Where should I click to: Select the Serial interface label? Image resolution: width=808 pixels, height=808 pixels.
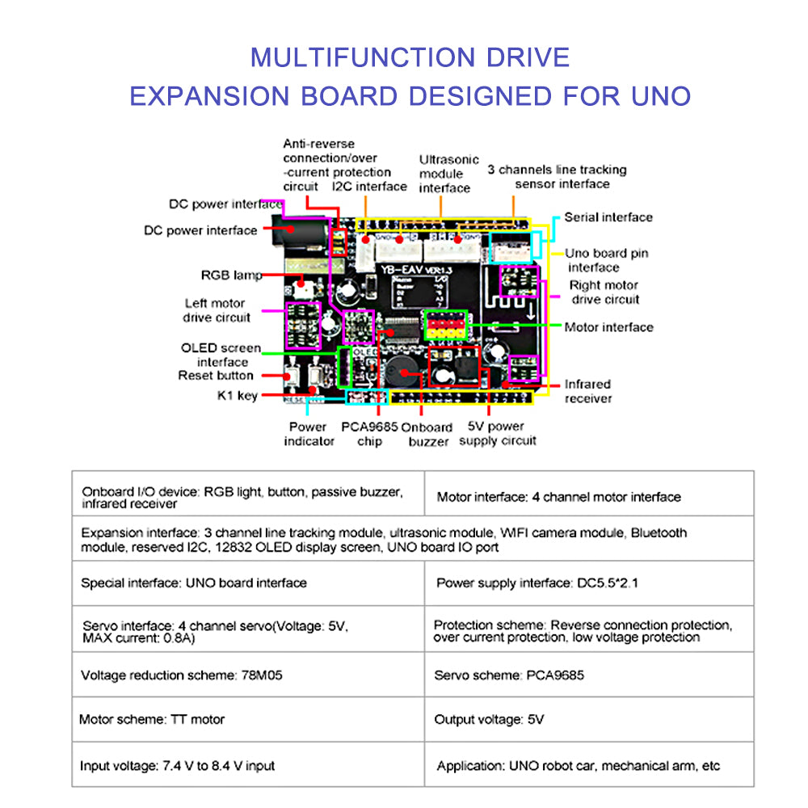[x=608, y=217]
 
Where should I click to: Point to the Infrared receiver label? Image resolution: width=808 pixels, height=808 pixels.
[x=587, y=391]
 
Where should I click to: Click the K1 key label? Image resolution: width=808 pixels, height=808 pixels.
[x=237, y=395]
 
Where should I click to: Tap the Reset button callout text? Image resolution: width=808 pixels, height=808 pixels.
[x=216, y=376]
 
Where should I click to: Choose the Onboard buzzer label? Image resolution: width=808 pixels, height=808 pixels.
[x=428, y=434]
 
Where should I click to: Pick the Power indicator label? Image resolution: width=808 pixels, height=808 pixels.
[x=309, y=434]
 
